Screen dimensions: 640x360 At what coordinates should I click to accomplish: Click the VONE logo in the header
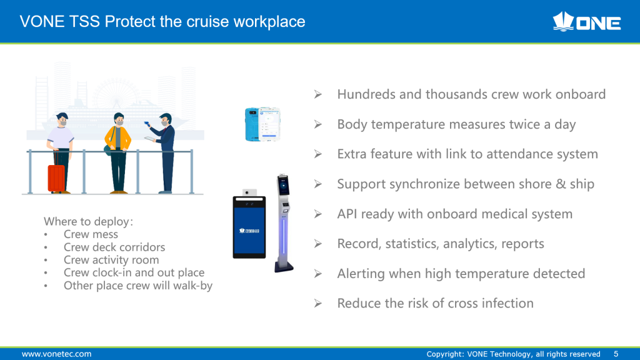click(x=586, y=22)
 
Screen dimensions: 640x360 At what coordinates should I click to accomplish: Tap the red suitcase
click(x=56, y=178)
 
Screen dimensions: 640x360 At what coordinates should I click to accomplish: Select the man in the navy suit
click(x=163, y=153)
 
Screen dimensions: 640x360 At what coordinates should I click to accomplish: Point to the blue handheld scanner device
click(x=262, y=124)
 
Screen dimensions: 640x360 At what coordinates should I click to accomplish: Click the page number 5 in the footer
click(x=616, y=354)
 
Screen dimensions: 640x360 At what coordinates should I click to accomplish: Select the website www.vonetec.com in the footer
click(x=56, y=354)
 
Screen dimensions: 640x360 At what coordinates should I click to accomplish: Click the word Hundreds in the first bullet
click(x=366, y=94)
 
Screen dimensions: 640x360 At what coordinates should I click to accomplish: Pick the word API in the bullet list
click(x=347, y=214)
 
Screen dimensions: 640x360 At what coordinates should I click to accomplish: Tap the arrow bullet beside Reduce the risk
click(x=318, y=303)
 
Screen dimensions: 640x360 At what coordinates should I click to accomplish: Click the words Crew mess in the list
click(x=91, y=234)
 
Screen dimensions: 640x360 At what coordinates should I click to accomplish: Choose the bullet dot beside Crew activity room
click(x=46, y=261)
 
